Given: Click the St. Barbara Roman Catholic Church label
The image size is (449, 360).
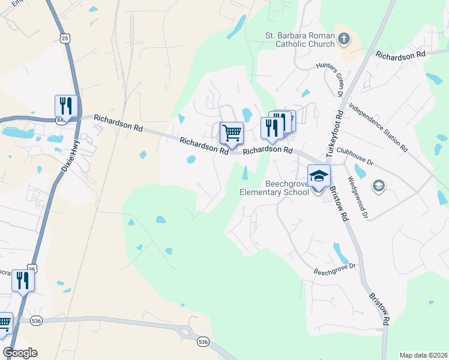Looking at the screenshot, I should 300,40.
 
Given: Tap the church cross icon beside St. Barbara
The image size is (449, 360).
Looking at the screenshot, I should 343,40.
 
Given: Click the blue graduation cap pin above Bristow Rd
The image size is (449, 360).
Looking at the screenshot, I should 319,175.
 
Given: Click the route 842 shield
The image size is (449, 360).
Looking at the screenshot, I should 61,120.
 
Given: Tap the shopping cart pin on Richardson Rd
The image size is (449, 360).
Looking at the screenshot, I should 232,133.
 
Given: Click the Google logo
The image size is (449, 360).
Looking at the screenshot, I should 20,353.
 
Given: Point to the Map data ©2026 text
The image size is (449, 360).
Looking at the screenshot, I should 423,355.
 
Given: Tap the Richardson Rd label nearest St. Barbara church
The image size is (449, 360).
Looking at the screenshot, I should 400,55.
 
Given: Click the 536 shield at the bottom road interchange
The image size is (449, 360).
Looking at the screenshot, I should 203,341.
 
